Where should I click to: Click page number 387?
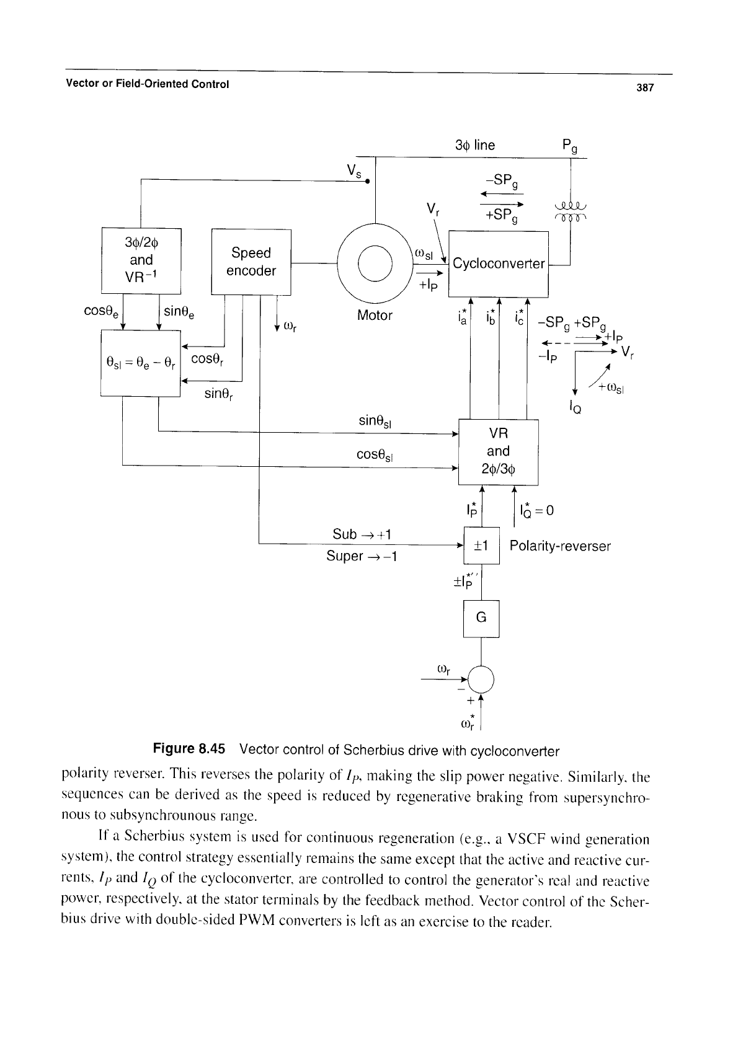[645, 87]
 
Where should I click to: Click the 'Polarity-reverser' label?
[560, 546]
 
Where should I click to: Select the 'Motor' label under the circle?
[375, 316]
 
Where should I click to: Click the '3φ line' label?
[475, 146]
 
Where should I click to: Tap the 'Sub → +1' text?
[362, 534]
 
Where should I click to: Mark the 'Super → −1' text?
[362, 556]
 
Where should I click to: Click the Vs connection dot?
[367, 181]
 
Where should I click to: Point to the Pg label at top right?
[570, 146]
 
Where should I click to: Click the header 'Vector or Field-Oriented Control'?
[148, 84]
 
